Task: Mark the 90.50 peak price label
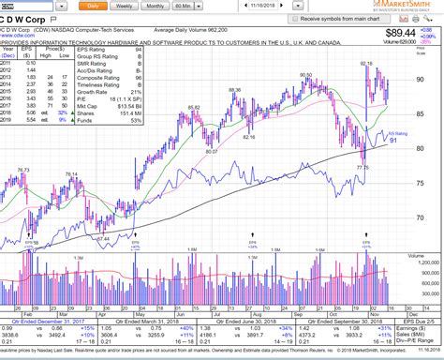pyautogui.click(x=306, y=75)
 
